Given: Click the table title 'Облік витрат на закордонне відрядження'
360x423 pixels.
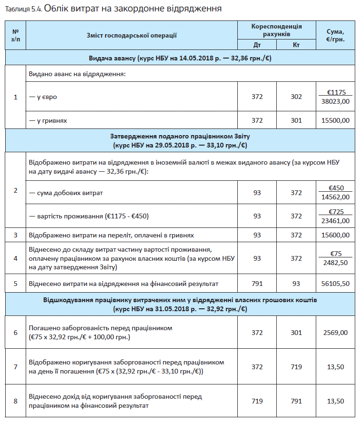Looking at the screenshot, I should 133,9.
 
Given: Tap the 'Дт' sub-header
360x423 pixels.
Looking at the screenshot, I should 257,45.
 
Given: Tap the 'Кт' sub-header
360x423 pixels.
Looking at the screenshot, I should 296,45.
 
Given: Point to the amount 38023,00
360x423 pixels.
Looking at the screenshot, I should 335,101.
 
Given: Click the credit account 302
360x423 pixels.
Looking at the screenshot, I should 296,97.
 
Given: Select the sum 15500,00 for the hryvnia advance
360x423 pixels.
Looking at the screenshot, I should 335,120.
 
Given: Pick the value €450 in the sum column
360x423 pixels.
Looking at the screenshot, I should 335,188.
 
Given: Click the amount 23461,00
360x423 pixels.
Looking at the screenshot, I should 335,220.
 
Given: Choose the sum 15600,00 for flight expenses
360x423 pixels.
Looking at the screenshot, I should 335,235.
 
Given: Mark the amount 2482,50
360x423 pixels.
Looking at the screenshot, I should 335,262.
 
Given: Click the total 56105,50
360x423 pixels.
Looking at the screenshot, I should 335,284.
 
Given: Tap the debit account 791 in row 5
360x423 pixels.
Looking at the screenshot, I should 257,284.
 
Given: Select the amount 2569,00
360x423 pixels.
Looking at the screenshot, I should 335,333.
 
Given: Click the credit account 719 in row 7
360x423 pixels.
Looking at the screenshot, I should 296,366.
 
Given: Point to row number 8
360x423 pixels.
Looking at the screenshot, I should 15,401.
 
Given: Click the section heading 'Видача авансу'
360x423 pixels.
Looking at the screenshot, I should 180,58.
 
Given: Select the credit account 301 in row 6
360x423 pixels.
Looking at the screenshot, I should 296,333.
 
